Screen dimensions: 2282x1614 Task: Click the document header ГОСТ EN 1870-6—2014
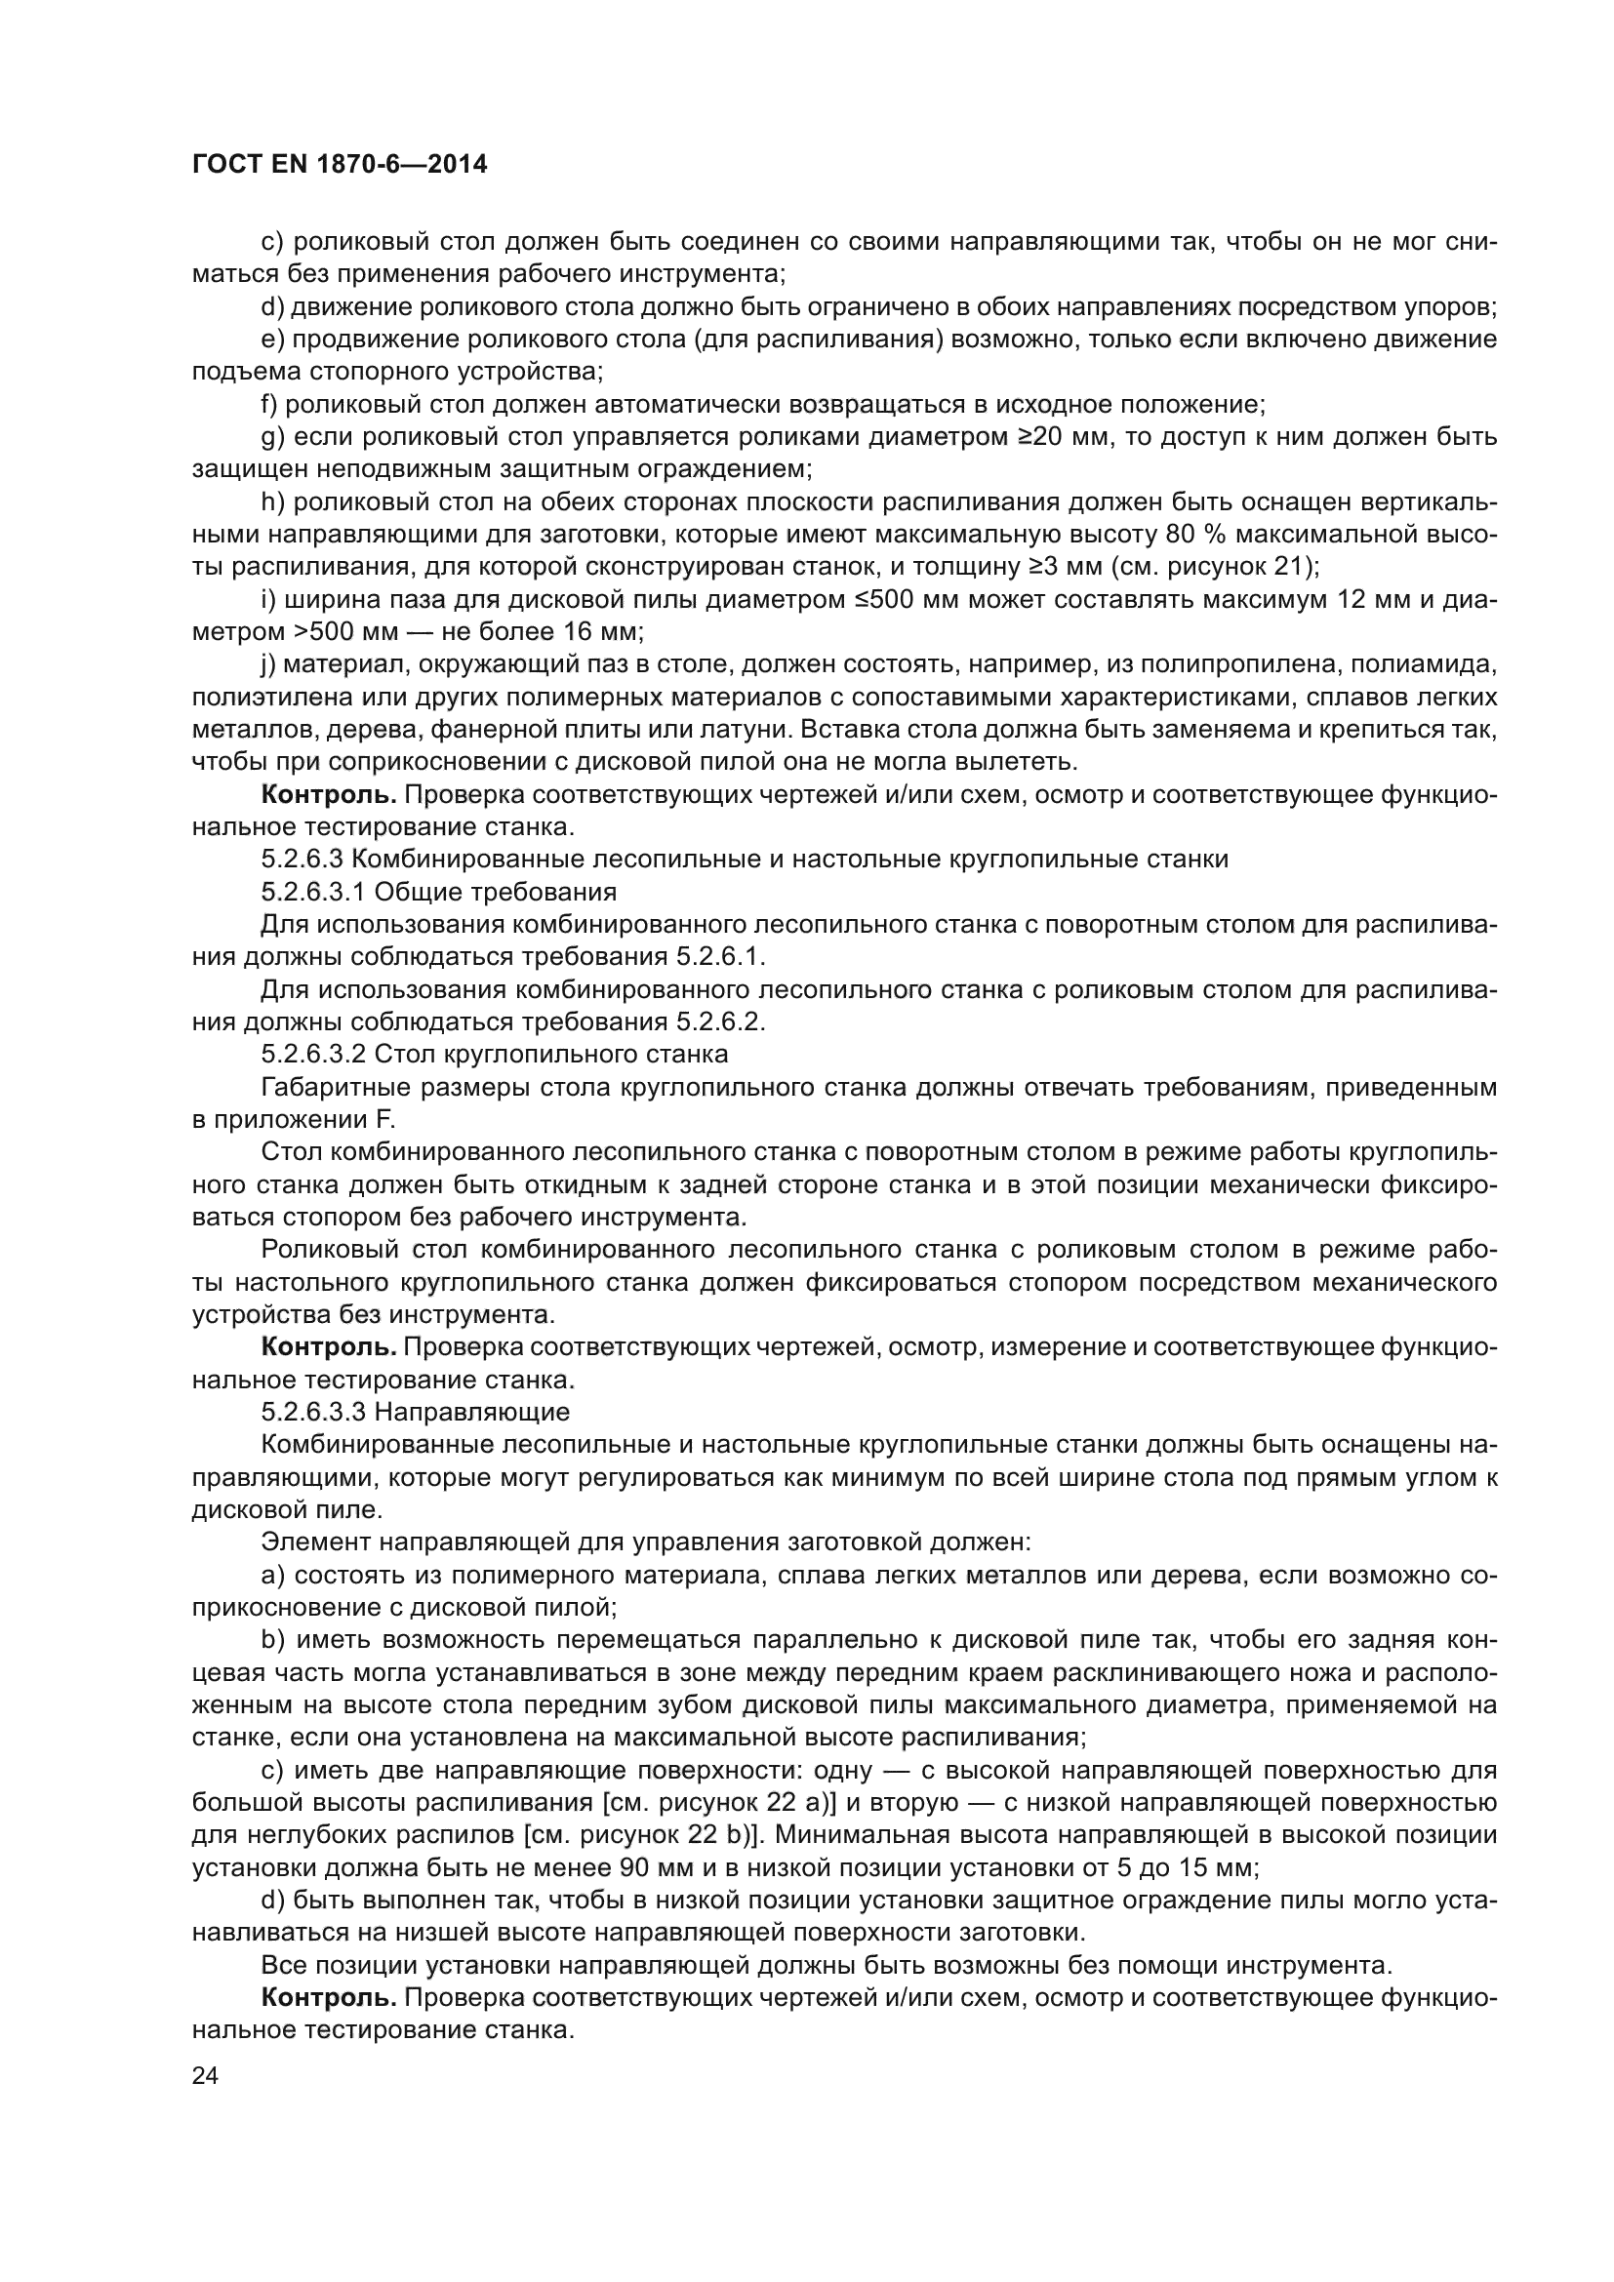point(339,165)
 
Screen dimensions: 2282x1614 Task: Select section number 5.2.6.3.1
point(313,892)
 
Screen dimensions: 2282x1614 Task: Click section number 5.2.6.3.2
point(313,1054)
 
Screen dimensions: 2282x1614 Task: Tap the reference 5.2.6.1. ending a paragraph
point(720,957)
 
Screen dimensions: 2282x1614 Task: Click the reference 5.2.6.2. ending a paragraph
point(720,1021)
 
